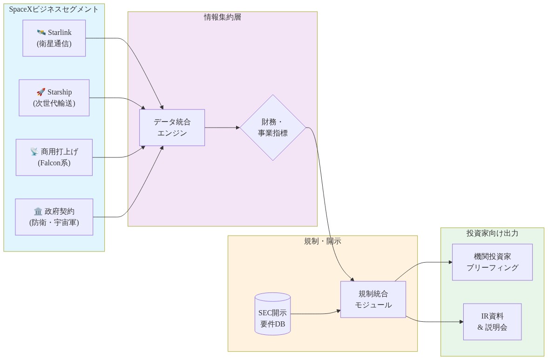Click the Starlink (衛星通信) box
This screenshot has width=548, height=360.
54,38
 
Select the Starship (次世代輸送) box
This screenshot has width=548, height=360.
54,98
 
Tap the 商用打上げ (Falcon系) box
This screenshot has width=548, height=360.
54,157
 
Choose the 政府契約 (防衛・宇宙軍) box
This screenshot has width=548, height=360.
54,217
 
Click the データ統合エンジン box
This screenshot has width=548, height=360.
172,128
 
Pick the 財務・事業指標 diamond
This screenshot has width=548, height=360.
273,128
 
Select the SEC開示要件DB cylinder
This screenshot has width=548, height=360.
272,314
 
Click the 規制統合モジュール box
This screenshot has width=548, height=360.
373,299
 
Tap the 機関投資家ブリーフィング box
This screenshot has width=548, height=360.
492,262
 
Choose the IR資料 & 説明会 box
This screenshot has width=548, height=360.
492,322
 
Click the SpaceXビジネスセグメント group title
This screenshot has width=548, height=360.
54,9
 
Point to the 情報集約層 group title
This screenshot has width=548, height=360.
223,17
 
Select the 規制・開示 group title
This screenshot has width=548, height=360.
322,241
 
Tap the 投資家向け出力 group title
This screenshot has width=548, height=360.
492,233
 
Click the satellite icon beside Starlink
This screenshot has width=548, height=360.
41,33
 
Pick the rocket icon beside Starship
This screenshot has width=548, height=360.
41,92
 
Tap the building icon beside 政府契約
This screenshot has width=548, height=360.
38,211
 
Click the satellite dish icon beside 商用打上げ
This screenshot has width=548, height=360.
34,152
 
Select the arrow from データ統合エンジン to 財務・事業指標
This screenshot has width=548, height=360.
222,128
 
